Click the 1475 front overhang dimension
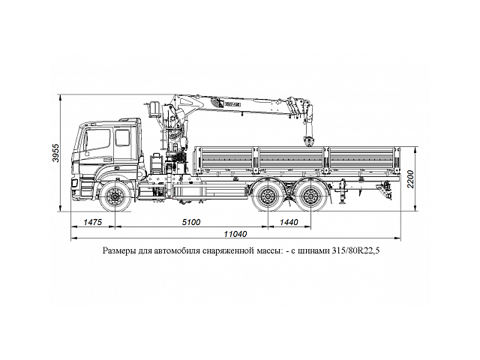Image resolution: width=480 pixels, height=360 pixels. (92, 223)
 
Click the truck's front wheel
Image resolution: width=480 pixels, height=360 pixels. (115, 198)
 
